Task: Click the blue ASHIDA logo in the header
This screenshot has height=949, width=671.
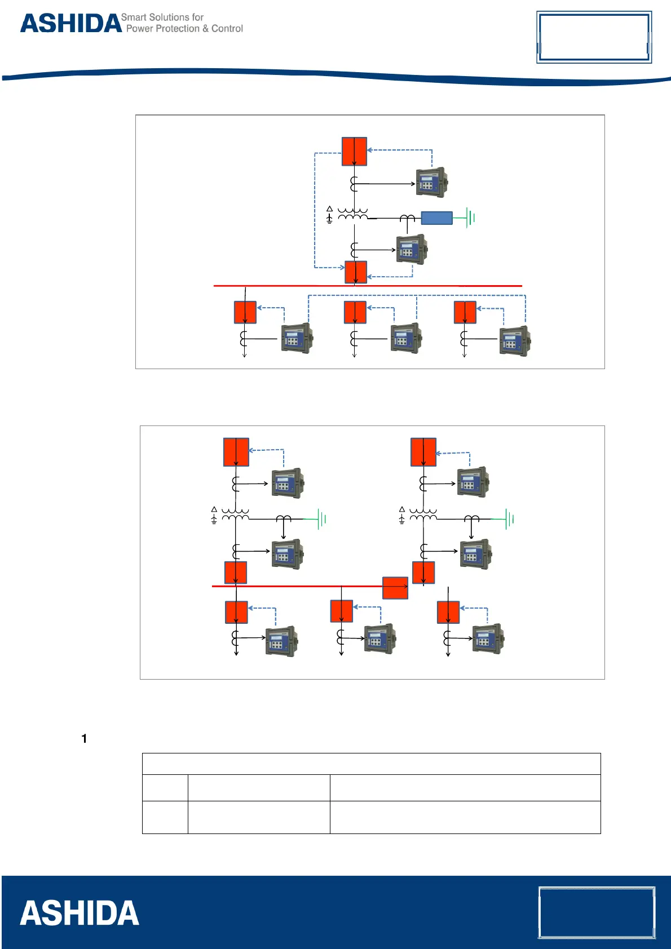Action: tap(71, 24)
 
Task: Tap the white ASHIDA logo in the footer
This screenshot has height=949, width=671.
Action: tap(80, 913)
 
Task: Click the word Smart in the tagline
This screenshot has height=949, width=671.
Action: tap(133, 17)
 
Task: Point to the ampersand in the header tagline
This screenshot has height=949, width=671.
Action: tap(205, 29)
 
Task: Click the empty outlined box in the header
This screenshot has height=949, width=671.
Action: tap(594, 37)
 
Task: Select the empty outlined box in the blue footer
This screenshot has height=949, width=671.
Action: tap(597, 912)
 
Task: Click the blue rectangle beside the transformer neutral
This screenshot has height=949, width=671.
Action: tap(436, 218)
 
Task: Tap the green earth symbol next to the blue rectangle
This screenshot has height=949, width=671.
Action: tap(470, 217)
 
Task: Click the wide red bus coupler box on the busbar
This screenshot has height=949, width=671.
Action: tap(395, 588)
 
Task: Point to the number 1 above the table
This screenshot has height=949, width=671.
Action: tap(84, 739)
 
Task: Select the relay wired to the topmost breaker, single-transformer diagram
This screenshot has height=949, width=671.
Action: tap(431, 181)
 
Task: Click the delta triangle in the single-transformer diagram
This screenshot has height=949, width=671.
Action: tap(329, 209)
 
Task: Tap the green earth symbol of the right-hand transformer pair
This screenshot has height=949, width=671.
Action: tap(509, 518)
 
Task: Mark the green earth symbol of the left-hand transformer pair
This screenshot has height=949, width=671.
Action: tap(321, 518)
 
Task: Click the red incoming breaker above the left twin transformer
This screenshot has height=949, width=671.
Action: tap(236, 452)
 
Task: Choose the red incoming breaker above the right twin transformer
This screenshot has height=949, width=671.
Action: tap(423, 452)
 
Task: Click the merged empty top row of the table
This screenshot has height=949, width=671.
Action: tap(371, 764)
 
